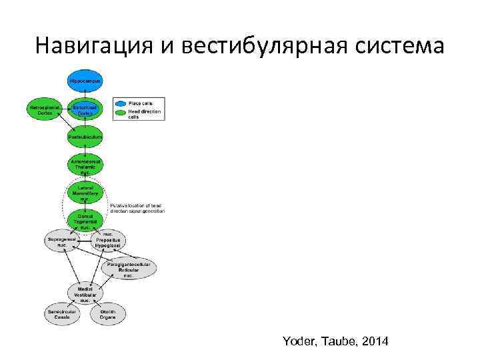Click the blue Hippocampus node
click(85, 81)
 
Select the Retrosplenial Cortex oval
click(45, 109)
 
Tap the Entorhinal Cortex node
click(85, 110)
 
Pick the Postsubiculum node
click(85, 137)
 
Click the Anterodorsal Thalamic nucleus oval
click(85, 166)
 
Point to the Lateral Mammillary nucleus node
click(85, 194)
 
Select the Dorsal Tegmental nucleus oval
click(85, 221)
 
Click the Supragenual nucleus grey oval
click(61, 241)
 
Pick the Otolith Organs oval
click(108, 315)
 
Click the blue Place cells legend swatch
click(120, 103)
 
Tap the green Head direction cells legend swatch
click(120, 112)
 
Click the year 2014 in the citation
click(373, 341)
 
